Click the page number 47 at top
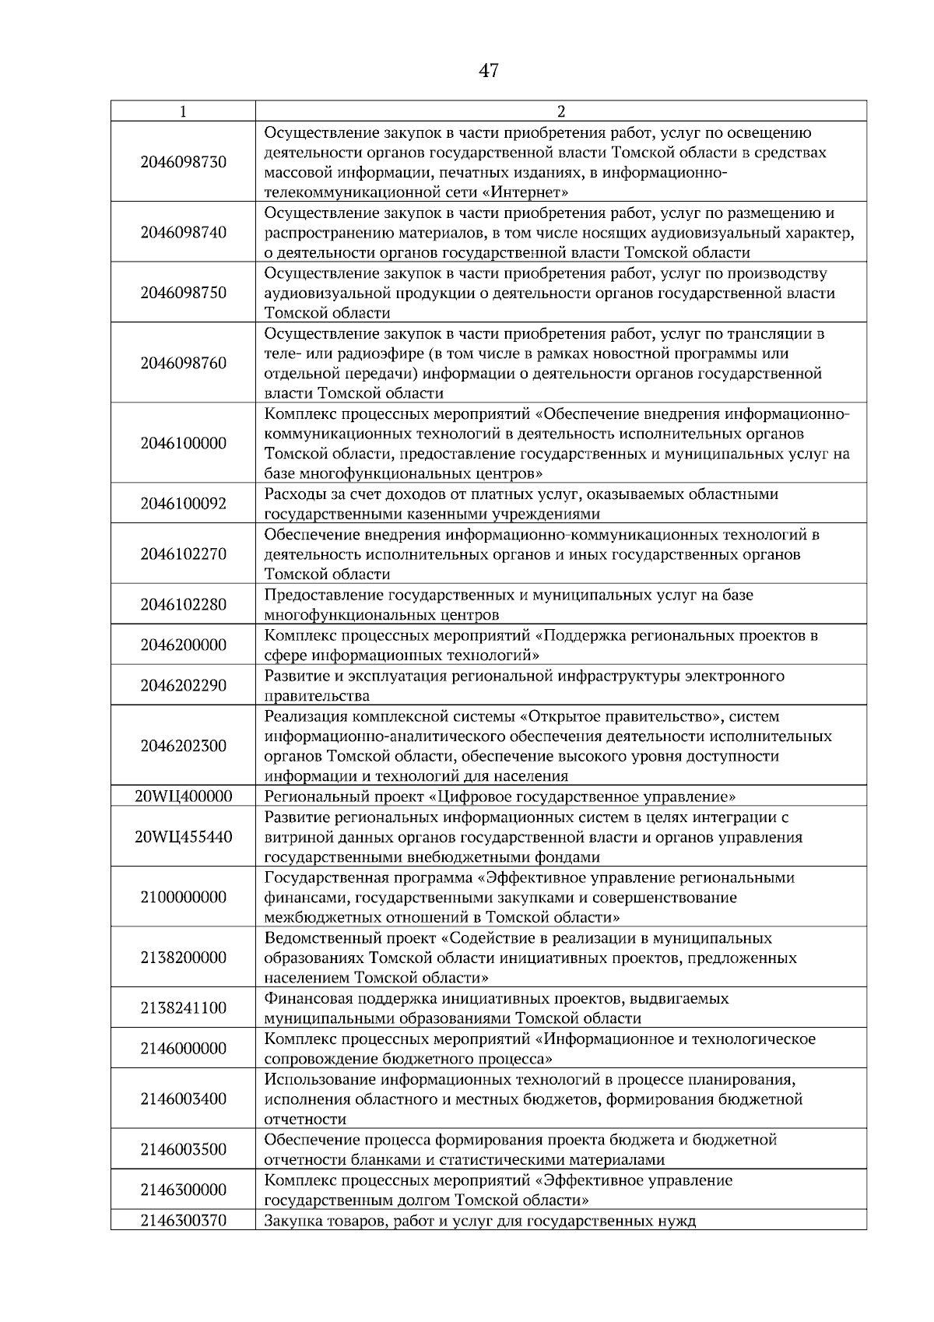click(488, 72)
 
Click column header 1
click(183, 111)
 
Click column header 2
click(561, 111)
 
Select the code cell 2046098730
click(184, 162)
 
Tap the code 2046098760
click(184, 364)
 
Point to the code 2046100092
click(184, 504)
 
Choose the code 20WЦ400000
click(184, 796)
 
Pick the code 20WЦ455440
click(184, 837)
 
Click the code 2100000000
click(184, 897)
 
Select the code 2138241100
click(184, 1008)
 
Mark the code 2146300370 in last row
click(184, 1220)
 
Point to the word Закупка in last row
click(293, 1220)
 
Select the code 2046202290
click(184, 685)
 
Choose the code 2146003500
click(184, 1149)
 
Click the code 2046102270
click(184, 554)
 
